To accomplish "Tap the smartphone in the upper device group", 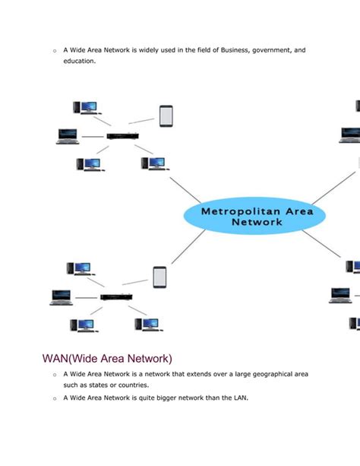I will point(166,116).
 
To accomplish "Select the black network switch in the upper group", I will point(122,137).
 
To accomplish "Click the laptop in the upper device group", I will point(68,137).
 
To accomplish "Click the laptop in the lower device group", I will point(62,296).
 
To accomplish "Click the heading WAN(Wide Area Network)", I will point(107,358).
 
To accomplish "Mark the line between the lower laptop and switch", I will point(87,297).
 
